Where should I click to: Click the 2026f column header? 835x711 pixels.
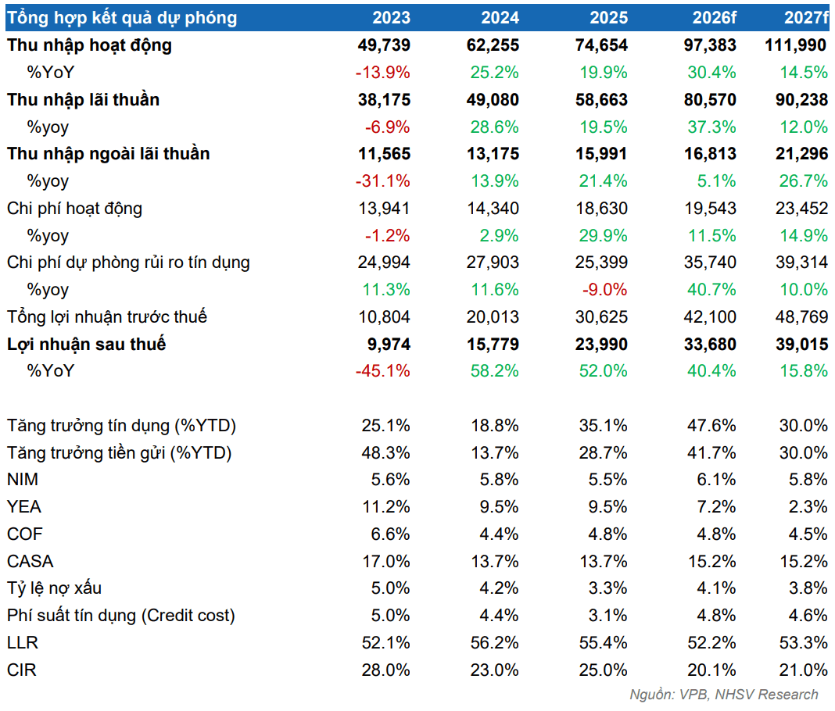(714, 17)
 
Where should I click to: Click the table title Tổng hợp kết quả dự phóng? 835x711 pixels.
(122, 18)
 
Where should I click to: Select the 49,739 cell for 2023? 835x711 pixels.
(384, 45)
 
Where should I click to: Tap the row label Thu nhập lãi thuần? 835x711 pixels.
(83, 99)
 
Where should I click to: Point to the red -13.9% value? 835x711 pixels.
(383, 73)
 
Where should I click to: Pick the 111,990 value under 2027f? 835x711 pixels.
(796, 45)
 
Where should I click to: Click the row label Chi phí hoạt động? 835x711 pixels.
(74, 209)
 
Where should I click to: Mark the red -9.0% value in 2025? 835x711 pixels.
(604, 290)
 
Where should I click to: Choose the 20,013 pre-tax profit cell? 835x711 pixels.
(493, 317)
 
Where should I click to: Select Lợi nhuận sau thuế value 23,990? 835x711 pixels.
(601, 345)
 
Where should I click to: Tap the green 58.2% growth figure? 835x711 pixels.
(494, 371)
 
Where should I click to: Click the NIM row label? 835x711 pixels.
(23, 480)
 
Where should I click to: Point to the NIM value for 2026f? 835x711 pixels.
(716, 480)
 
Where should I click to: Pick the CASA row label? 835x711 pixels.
(30, 562)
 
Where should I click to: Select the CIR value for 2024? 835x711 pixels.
(494, 670)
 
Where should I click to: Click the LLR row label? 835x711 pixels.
(23, 643)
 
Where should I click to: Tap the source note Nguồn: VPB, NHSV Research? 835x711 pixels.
(724, 695)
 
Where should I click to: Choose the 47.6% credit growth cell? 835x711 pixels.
(711, 426)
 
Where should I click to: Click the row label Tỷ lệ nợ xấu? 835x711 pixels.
(54, 588)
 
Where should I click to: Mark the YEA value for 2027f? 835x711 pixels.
(808, 506)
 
